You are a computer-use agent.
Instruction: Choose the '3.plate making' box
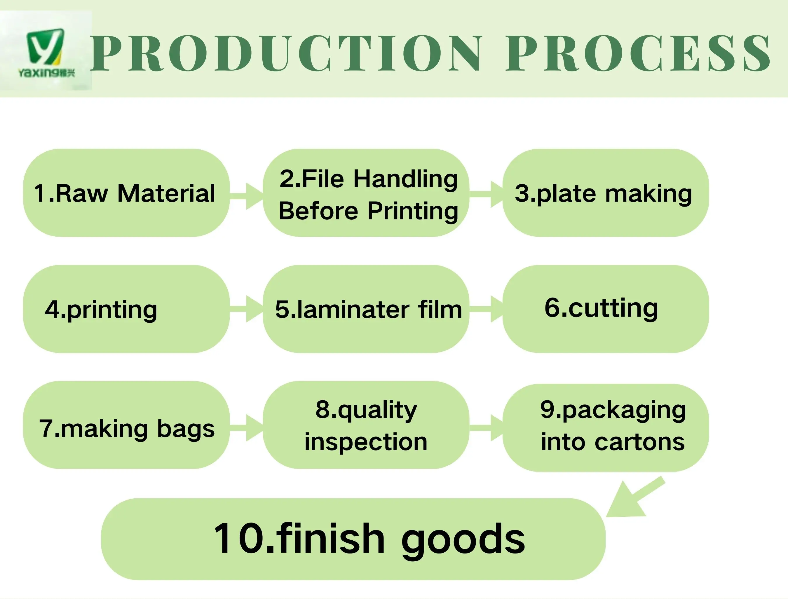click(605, 193)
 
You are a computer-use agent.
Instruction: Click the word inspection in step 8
click(366, 442)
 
